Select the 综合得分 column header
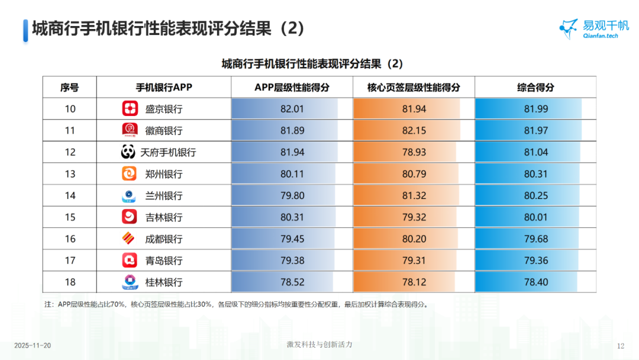click(x=535, y=88)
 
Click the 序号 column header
click(x=69, y=88)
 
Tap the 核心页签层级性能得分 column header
click(x=414, y=88)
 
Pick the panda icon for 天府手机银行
click(x=128, y=152)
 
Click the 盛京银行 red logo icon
click(x=130, y=109)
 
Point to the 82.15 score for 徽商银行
click(x=414, y=131)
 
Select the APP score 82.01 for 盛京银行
click(x=292, y=109)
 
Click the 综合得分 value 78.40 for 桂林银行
click(x=535, y=282)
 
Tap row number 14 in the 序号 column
click(x=70, y=195)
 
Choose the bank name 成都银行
click(x=164, y=239)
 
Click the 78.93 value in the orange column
click(x=414, y=152)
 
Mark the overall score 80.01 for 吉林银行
click(x=535, y=217)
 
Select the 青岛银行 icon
click(x=129, y=261)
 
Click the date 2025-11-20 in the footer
click(x=33, y=345)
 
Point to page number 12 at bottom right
click(x=620, y=346)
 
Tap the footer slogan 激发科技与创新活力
click(x=319, y=345)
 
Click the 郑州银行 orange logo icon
click(x=129, y=174)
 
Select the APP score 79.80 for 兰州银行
click(x=292, y=195)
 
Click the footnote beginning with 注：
click(x=237, y=304)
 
